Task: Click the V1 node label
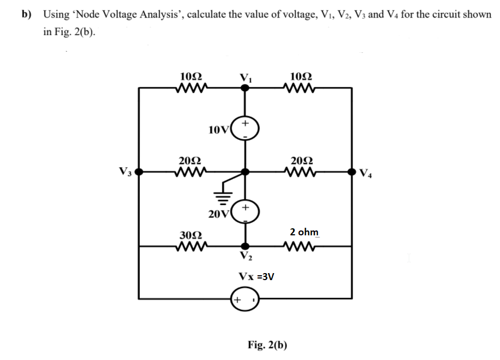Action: (246, 77)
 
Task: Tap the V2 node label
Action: (246, 256)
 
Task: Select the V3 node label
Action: (124, 173)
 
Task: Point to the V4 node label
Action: (366, 174)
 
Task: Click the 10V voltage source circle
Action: (246, 130)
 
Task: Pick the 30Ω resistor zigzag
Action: (190, 247)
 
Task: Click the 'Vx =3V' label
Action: (256, 277)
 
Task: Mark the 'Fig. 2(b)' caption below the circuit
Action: (267, 345)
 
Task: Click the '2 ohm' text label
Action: (304, 232)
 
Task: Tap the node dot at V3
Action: (139, 172)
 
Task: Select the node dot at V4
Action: (352, 172)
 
